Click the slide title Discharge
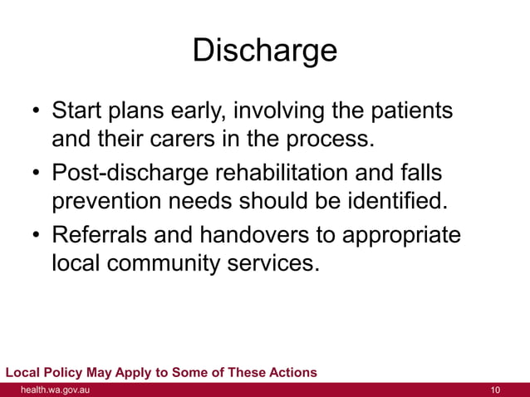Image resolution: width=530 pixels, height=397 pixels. tap(265, 51)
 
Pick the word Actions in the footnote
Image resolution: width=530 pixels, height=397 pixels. tap(291, 372)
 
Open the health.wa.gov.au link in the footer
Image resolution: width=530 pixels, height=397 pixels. tap(55, 390)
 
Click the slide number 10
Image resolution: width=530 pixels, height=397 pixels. tap(497, 390)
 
